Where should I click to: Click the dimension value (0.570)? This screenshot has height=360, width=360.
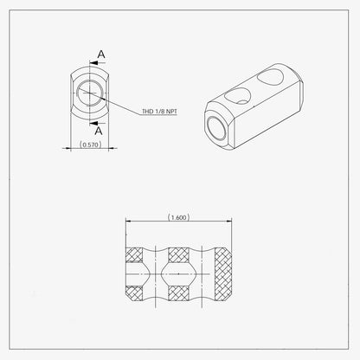[91, 145]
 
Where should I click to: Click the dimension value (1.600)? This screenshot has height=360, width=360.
[178, 217]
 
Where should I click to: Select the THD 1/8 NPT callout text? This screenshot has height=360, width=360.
[159, 112]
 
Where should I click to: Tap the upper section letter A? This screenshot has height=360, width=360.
[101, 54]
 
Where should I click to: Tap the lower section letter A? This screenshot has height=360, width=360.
[99, 131]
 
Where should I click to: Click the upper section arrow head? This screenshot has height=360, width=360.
[93, 62]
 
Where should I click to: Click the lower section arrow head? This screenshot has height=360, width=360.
[93, 123]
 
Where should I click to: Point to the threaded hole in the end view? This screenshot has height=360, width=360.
[90, 93]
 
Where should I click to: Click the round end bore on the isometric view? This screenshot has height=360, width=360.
[216, 129]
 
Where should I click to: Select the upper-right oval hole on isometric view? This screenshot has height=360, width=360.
[270, 77]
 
